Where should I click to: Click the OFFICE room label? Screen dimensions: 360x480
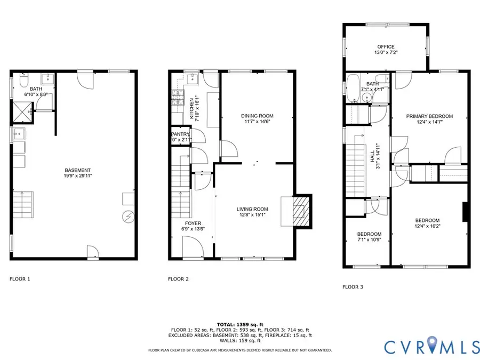[386, 47]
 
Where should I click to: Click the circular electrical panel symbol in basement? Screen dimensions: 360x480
[129, 216]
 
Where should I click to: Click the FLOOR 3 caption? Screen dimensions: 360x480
[353, 287]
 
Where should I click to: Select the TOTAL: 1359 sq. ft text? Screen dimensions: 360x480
[239, 324]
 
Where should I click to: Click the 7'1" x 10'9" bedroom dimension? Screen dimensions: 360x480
[369, 241]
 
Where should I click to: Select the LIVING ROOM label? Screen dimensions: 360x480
[252, 209]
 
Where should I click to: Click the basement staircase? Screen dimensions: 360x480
[24, 205]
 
